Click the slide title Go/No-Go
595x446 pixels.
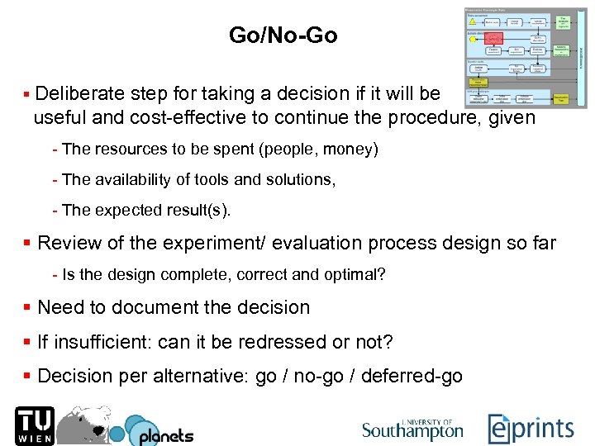[x=283, y=36]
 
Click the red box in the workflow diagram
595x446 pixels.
[x=495, y=38]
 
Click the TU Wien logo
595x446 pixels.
[x=34, y=425]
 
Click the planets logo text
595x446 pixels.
[x=165, y=434]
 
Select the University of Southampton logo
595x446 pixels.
[x=412, y=429]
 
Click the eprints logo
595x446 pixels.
[x=531, y=428]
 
